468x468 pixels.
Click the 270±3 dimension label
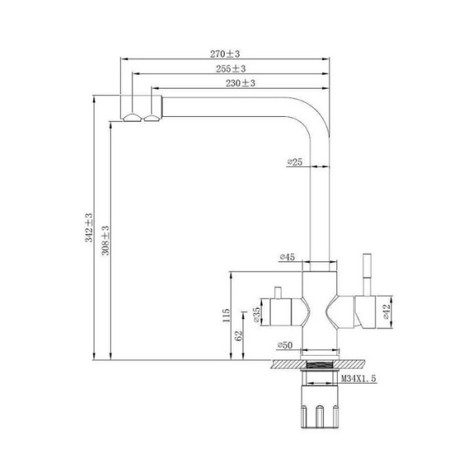[x=225, y=54]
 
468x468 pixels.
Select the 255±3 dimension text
[x=231, y=69]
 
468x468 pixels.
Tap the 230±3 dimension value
[x=240, y=83]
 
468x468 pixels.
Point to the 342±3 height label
[x=89, y=228]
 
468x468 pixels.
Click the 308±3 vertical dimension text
[x=105, y=240]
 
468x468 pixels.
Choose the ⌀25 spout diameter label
[x=295, y=161]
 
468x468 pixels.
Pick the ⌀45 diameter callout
[x=287, y=257]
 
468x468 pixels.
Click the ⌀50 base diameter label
[x=285, y=346]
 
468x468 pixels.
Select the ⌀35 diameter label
[x=257, y=315]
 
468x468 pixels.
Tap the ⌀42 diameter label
[x=387, y=311]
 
